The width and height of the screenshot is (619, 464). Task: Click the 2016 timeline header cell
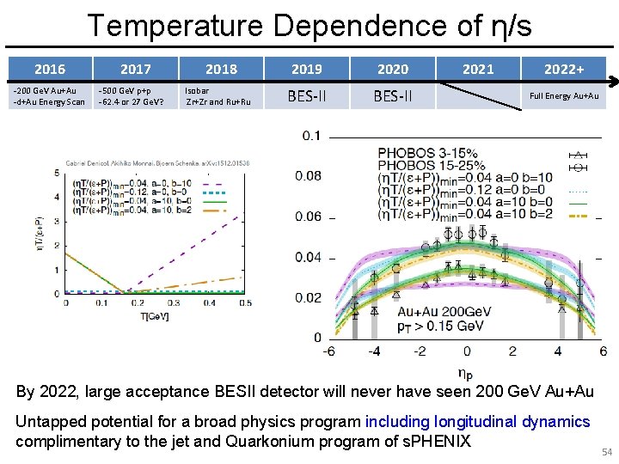(50, 69)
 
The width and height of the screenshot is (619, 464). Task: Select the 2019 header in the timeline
(306, 69)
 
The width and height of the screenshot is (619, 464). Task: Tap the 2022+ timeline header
(564, 69)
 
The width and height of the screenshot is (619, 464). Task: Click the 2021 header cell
(478, 69)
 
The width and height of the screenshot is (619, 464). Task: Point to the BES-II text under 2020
(392, 96)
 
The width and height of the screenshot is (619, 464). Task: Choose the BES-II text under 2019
(306, 96)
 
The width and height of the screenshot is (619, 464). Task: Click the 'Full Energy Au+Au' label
(564, 96)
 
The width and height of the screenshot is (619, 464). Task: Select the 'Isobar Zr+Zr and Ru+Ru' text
(218, 95)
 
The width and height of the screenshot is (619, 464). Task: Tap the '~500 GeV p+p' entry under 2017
(124, 89)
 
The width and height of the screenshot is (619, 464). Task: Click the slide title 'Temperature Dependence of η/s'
(309, 26)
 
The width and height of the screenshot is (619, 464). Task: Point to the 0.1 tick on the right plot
(311, 136)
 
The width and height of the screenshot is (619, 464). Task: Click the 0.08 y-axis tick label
(308, 176)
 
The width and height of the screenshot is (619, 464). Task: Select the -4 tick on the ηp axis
(375, 351)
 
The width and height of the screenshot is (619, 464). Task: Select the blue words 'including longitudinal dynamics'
(478, 421)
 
